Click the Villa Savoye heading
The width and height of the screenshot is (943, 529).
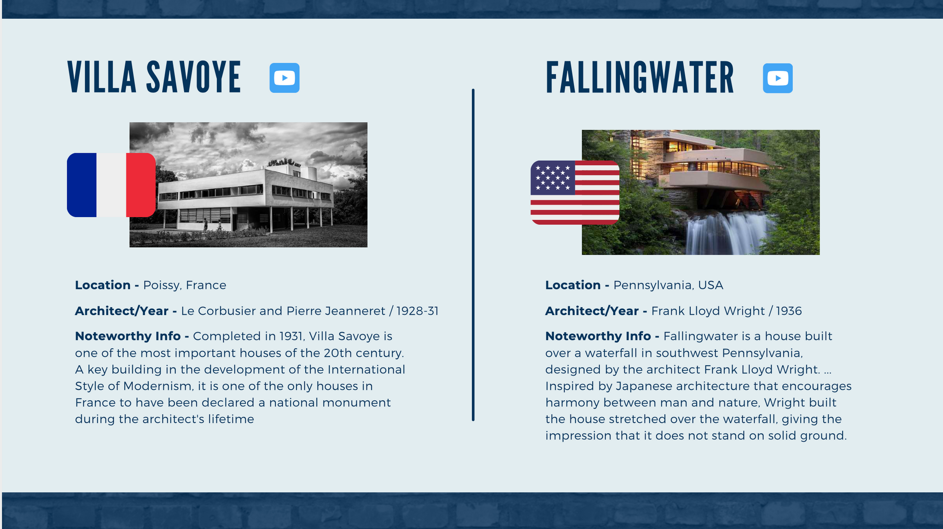(x=154, y=77)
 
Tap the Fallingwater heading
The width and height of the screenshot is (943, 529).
(x=640, y=78)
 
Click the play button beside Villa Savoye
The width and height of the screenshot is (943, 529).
(x=285, y=78)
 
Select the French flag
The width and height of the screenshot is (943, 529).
(x=111, y=185)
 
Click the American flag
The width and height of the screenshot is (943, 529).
(x=575, y=192)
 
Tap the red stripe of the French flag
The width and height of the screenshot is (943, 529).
(x=141, y=185)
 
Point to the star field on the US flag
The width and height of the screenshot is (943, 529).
(x=553, y=178)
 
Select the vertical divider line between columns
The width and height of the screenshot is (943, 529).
(x=473, y=255)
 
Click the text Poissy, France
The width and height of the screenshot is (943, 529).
(x=185, y=286)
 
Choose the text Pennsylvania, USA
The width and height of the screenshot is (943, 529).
(x=668, y=286)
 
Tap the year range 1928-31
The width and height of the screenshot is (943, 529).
(x=417, y=311)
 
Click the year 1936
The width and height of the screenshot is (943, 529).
(x=789, y=311)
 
